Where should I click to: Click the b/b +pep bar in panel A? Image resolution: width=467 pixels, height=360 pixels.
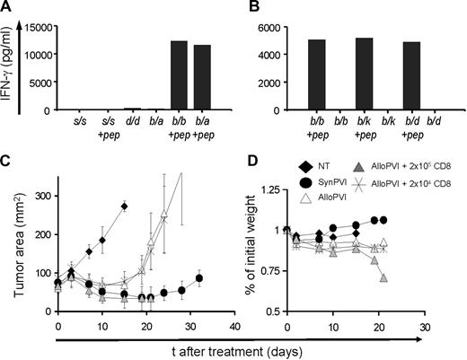click(179, 76)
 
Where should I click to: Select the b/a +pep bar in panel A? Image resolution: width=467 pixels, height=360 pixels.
click(203, 78)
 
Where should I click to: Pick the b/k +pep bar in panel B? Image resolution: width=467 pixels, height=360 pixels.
click(365, 75)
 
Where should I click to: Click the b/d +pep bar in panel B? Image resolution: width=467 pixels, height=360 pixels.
click(414, 76)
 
